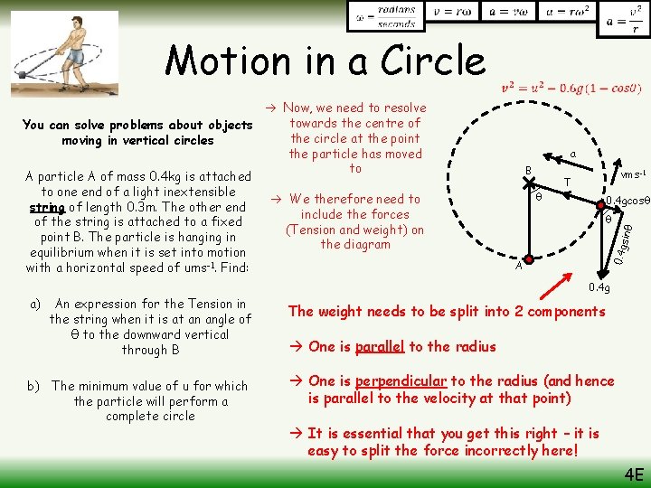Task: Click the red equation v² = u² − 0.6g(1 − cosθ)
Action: [x=571, y=89]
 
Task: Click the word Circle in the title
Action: [x=422, y=61]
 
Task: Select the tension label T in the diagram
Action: [x=567, y=183]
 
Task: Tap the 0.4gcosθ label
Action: [x=626, y=202]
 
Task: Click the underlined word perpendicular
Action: [x=401, y=381]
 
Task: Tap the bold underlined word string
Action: [x=46, y=207]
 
